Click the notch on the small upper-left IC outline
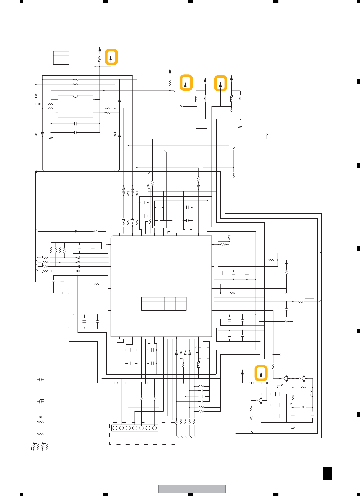(75, 96)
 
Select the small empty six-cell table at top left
(61, 58)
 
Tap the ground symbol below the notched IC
(51, 138)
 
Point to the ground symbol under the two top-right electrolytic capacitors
(240, 126)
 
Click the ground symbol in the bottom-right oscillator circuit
(293, 427)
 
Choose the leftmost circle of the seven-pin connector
(115, 428)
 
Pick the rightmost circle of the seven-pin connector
(154, 428)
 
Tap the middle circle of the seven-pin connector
(135, 428)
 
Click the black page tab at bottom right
(327, 473)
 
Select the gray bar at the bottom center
(192, 489)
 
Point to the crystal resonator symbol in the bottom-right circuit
(303, 407)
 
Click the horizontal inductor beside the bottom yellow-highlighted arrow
(252, 383)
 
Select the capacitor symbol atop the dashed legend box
(40, 380)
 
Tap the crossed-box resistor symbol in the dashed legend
(41, 434)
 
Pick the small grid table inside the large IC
(164, 304)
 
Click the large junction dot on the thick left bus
(36, 172)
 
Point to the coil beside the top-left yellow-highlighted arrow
(100, 59)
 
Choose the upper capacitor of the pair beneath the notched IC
(75, 124)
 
